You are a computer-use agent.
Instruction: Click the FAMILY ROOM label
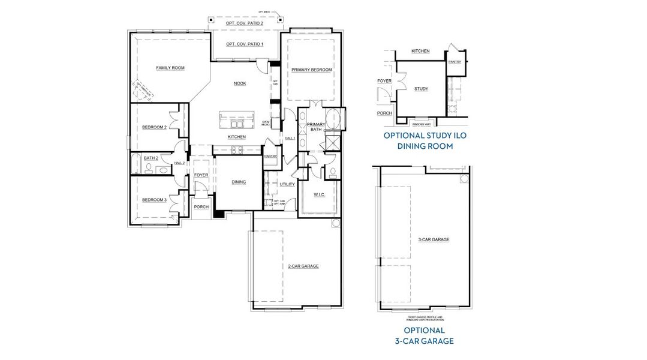tap(170, 68)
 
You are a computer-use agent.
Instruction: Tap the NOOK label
tap(240, 83)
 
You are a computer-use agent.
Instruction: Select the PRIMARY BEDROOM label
tap(311, 70)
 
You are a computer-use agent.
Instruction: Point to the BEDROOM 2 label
tap(154, 127)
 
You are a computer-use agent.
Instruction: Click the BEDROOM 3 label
tap(154, 200)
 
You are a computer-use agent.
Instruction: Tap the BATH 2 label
tap(151, 158)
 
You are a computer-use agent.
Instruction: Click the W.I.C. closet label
tap(319, 194)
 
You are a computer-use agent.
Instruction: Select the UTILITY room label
tap(287, 184)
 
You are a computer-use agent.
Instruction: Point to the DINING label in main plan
tap(239, 182)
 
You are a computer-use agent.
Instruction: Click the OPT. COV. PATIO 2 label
tap(244, 23)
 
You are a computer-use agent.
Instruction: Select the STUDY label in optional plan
tap(422, 89)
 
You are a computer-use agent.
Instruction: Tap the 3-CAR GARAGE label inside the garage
tap(434, 239)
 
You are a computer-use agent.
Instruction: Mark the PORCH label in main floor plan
tap(201, 207)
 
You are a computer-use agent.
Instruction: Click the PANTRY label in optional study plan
tap(455, 61)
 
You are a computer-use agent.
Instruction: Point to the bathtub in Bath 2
tap(136, 164)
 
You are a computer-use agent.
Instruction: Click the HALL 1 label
tap(290, 139)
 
